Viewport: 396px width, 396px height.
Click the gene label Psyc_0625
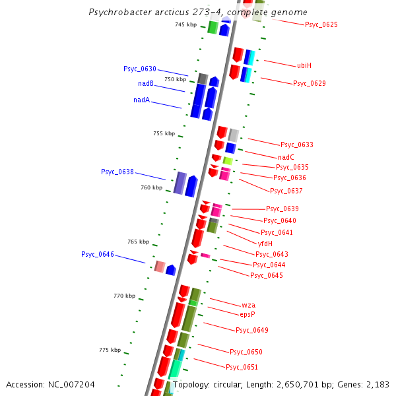pyautogui.click(x=321, y=24)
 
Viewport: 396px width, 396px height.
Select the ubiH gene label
pyautogui.click(x=304, y=65)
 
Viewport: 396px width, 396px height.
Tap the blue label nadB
pyautogui.click(x=146, y=83)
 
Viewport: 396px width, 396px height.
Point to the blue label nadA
pyautogui.click(x=141, y=100)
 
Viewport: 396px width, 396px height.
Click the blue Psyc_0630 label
pyautogui.click(x=139, y=69)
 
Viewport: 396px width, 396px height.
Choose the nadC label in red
pyautogui.click(x=286, y=157)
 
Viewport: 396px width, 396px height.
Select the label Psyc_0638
pyautogui.click(x=117, y=172)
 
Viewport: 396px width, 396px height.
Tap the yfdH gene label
pyautogui.click(x=265, y=243)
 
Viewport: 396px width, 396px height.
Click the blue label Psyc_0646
pyautogui.click(x=98, y=254)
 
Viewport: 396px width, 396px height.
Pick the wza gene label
pyautogui.click(x=248, y=305)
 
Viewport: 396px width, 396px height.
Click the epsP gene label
pyautogui.click(x=247, y=314)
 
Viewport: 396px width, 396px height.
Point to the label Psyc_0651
pyautogui.click(x=242, y=367)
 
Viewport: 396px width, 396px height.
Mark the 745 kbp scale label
pyautogui.click(x=185, y=24)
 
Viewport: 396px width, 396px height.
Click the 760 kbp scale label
pyautogui.click(x=151, y=187)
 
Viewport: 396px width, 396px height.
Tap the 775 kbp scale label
pyautogui.click(x=110, y=350)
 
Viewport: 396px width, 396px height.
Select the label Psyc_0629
pyautogui.click(x=309, y=83)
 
